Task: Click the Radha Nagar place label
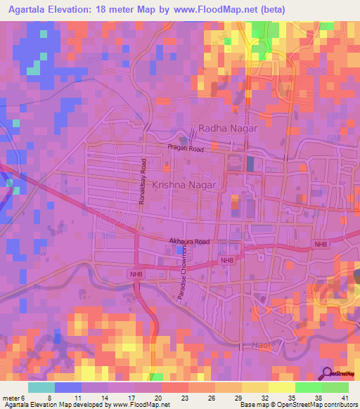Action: [x=229, y=129]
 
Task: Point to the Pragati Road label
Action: [x=185, y=148]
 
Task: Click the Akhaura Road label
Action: [x=189, y=242]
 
